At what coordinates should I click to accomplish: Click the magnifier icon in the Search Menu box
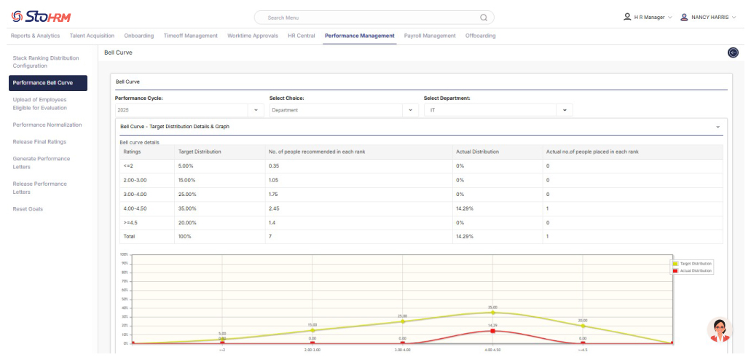coord(484,17)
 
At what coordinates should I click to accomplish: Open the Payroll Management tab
coord(430,36)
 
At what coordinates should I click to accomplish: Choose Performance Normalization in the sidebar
coord(47,125)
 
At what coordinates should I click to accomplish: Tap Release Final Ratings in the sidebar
coord(39,141)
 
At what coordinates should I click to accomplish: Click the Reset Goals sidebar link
coord(28,209)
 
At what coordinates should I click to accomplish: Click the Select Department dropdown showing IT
coord(498,110)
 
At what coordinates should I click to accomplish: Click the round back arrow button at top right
coord(733,52)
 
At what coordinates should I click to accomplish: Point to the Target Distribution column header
coord(200,152)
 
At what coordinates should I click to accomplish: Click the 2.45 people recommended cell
coord(275,208)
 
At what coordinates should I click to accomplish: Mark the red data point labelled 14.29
coord(492,331)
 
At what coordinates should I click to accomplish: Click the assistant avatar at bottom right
coord(720,329)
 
